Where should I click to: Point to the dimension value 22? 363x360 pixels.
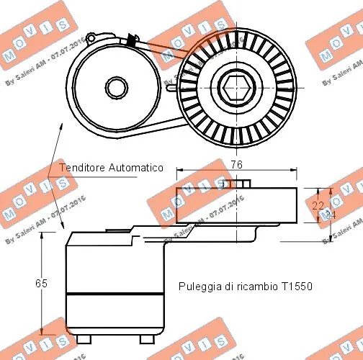(x=317, y=205)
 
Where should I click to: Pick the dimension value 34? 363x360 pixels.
(x=328, y=215)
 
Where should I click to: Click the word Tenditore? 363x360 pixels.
(x=81, y=167)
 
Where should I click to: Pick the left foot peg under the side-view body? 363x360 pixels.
(x=84, y=338)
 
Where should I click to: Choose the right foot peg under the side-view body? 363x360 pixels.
(x=143, y=338)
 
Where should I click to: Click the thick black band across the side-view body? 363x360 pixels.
(x=114, y=294)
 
